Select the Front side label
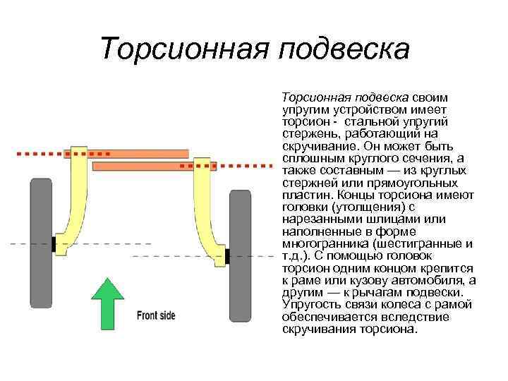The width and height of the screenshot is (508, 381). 156,315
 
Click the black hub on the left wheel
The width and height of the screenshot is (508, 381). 53,245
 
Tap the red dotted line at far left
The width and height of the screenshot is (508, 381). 39,152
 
